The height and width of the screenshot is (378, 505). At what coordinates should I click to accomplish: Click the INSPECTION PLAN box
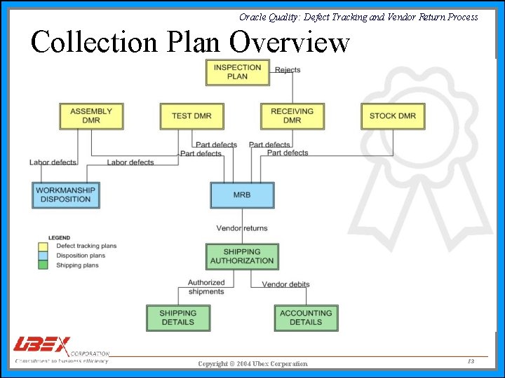237,72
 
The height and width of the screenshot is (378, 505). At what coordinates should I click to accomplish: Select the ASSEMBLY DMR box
91,115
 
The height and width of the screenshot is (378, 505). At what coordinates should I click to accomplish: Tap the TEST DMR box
191,115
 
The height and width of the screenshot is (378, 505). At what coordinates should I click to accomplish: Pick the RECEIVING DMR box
292,115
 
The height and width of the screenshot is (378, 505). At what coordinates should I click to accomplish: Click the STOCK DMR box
393,115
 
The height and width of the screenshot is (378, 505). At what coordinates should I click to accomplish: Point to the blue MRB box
242,195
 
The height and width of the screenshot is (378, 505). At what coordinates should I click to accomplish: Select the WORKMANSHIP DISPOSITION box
66,195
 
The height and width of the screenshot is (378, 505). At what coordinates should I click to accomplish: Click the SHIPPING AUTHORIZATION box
242,256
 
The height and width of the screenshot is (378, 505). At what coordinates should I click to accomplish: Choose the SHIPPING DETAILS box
178,318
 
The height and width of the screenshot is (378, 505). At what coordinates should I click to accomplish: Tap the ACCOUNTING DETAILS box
306,318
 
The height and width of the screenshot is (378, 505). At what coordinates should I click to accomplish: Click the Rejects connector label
288,70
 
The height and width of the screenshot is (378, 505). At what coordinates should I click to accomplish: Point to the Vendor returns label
242,228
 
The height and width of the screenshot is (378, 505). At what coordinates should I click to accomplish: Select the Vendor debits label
285,284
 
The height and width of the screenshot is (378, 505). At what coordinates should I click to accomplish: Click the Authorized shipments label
206,287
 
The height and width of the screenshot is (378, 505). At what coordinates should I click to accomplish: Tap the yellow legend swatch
43,246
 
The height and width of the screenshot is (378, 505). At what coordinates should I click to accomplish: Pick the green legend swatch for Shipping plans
43,265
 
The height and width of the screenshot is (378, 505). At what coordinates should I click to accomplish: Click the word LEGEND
59,238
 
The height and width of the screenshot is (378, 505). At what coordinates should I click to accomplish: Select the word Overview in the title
289,42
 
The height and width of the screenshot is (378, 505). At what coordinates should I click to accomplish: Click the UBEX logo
42,346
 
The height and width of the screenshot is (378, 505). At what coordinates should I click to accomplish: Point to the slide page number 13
471,360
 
